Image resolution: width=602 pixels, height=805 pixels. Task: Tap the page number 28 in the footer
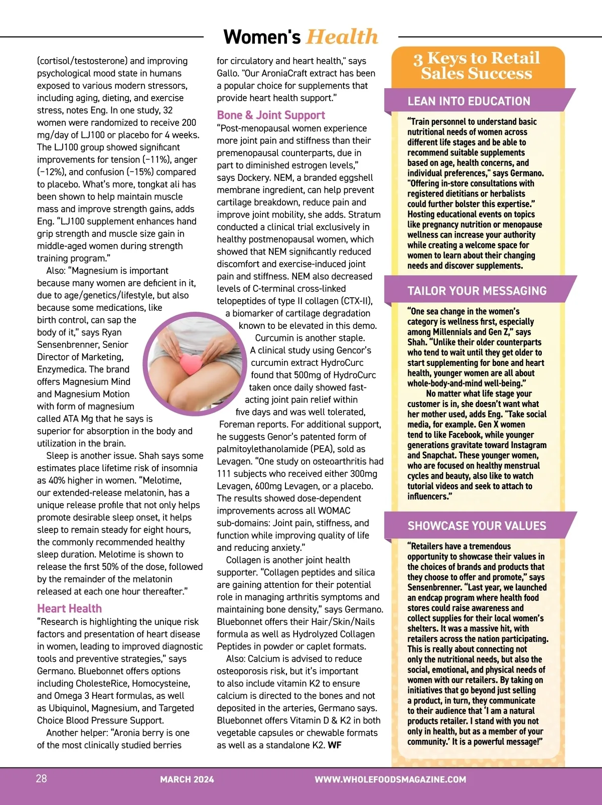(x=42, y=778)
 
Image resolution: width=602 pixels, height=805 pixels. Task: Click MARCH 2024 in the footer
(x=187, y=779)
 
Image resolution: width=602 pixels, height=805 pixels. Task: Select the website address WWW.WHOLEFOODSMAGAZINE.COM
(x=390, y=779)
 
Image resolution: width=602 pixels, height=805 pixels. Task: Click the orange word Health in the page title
(x=342, y=37)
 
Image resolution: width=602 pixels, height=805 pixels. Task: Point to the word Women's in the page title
(x=262, y=37)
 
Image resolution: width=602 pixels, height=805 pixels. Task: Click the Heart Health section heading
(x=69, y=609)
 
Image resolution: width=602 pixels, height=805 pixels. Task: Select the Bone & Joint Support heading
(x=271, y=115)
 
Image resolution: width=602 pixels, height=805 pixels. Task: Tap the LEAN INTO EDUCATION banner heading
(x=469, y=101)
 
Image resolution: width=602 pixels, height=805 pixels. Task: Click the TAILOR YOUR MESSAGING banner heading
(x=476, y=291)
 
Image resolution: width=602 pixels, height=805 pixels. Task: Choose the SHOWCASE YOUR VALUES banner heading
(x=477, y=526)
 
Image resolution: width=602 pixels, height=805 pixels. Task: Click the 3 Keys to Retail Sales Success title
(x=477, y=66)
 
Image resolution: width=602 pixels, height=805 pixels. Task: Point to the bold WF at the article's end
(x=335, y=745)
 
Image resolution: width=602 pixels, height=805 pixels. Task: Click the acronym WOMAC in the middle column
(x=335, y=511)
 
